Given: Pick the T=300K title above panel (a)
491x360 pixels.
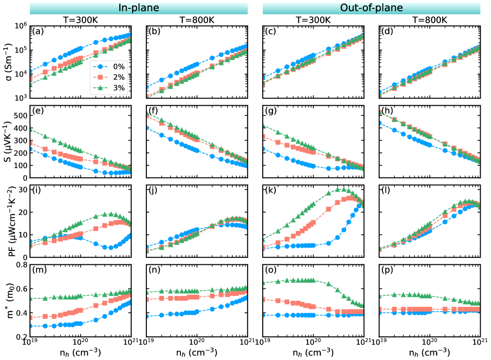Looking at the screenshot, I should (x=81, y=20).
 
